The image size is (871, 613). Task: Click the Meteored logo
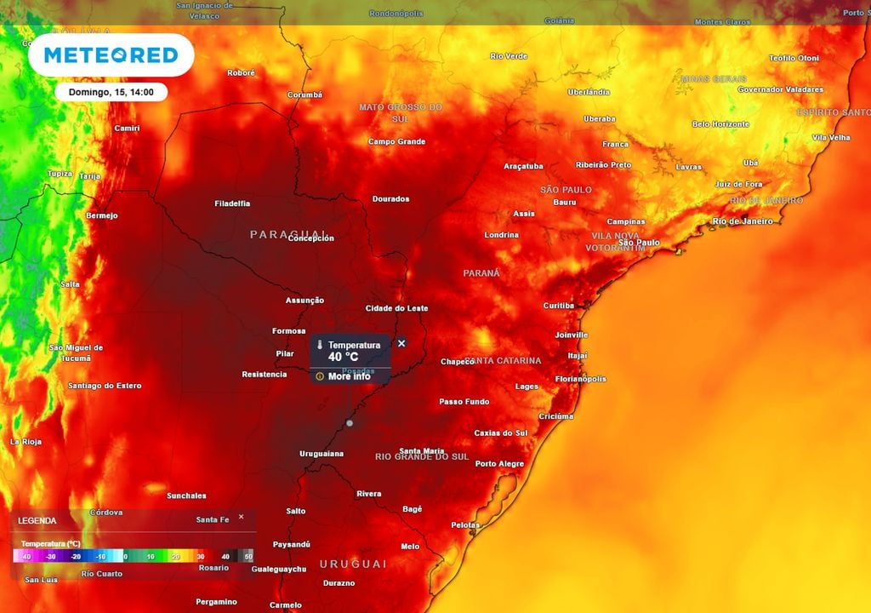coord(111,55)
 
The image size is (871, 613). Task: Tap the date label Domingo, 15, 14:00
coord(111,92)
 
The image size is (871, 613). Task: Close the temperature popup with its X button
coord(401,343)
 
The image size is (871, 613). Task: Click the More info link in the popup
coord(349,375)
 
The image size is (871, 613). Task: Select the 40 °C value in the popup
coord(344,357)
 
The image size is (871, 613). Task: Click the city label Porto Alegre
coord(499,464)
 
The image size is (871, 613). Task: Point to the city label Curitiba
coord(559,306)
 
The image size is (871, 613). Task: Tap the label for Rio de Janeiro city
coord(743,221)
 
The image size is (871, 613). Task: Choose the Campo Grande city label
coord(396,141)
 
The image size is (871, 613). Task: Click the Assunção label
coord(305,301)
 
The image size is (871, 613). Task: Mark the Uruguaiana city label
coord(322,454)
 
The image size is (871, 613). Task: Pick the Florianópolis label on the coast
coord(580,379)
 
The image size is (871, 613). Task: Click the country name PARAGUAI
coord(288,233)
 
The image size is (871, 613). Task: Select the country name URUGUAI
coord(353,564)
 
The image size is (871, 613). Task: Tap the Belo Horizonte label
coord(720,124)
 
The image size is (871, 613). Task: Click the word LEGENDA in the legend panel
coord(38,520)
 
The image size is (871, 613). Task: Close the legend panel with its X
coord(241,517)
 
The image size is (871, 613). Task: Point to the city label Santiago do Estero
coord(105,386)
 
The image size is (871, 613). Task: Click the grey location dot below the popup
coord(349,423)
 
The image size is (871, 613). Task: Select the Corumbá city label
coord(305,95)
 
